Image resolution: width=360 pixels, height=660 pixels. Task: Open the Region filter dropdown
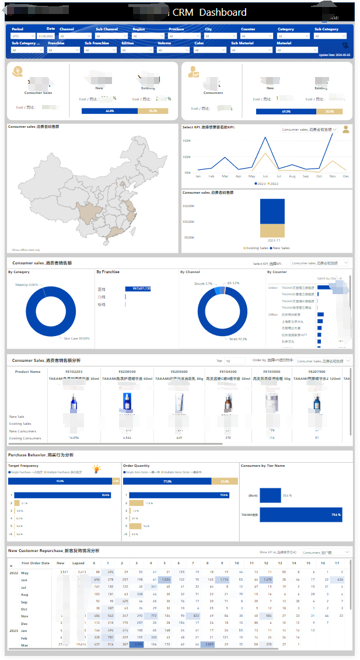point(148,36)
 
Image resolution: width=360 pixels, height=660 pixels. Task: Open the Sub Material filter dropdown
point(250,50)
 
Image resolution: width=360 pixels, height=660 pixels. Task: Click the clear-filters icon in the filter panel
point(345,45)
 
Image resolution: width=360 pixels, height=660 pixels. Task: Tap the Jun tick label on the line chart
point(265,176)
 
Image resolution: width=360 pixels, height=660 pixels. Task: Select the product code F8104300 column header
point(228,371)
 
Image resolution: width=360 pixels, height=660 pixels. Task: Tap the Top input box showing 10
point(235,361)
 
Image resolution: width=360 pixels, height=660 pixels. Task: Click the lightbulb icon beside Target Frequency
point(96,469)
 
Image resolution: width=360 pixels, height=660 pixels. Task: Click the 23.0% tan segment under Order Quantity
point(224,481)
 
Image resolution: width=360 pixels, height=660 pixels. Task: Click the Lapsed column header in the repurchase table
point(79,563)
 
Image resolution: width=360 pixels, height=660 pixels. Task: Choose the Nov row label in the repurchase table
point(25,616)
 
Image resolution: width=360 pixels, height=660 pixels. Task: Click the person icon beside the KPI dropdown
point(346,129)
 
